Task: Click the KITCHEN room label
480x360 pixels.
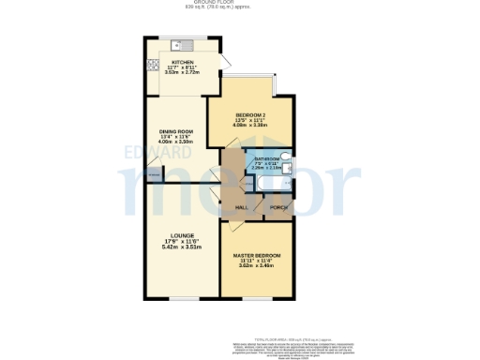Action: click(182, 62)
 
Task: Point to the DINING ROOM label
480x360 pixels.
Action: click(174, 130)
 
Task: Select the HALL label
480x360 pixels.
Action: click(241, 206)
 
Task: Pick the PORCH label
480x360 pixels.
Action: click(277, 206)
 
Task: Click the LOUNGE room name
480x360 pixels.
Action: click(182, 235)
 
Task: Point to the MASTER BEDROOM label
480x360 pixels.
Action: click(256, 255)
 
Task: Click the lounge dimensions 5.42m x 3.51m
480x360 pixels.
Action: click(182, 247)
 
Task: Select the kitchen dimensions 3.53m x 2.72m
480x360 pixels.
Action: click(182, 72)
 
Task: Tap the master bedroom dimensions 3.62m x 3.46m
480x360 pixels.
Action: click(256, 267)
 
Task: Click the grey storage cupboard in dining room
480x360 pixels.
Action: click(153, 172)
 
